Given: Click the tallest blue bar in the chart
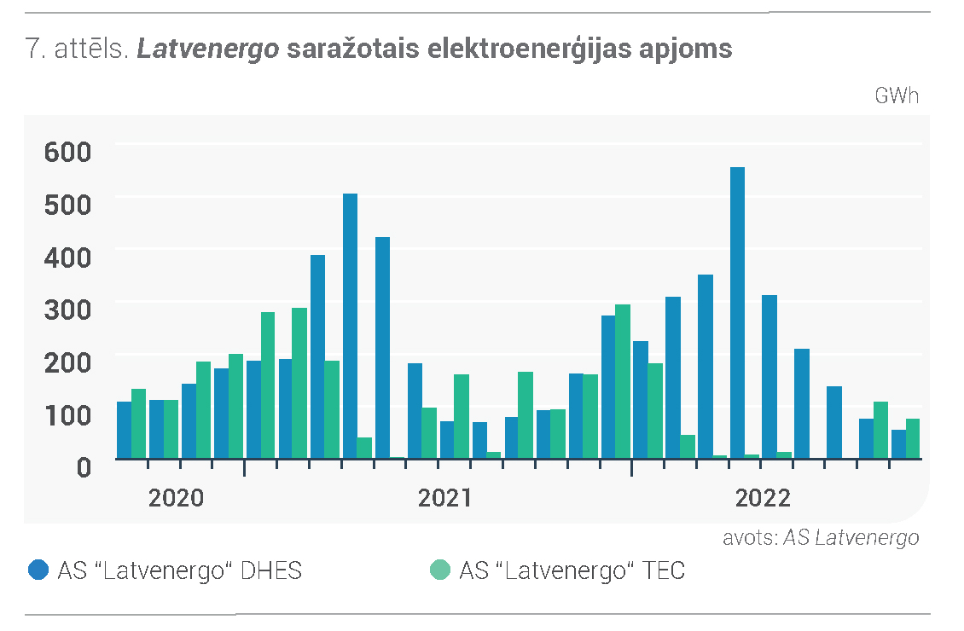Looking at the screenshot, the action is point(737,313).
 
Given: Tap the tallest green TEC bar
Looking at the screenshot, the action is point(623,381).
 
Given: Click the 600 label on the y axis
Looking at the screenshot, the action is point(67,152).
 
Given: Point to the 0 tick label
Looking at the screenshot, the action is point(84,467).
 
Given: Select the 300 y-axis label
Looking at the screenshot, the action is point(67,310).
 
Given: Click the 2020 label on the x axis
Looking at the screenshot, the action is point(176,498).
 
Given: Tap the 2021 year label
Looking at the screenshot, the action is point(445,498).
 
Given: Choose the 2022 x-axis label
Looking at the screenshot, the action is point(763,498).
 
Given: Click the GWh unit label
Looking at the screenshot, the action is point(897,96).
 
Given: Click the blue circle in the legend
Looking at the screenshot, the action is point(38,570).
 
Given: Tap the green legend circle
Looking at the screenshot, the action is point(440,570).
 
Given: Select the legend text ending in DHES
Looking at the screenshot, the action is point(180,570).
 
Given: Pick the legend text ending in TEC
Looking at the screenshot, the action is point(572,570).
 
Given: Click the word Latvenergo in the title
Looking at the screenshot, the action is point(208,49).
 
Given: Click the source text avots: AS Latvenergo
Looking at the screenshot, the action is point(821,537).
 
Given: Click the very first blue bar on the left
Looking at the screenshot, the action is point(125,430).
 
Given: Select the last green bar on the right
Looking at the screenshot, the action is point(913,438).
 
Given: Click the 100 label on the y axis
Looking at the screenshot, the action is point(67,415).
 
